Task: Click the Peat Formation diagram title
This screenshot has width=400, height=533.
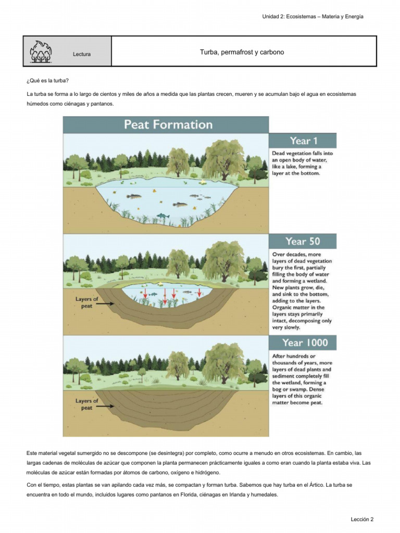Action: pos(168,125)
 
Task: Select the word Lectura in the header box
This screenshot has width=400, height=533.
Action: pos(82,54)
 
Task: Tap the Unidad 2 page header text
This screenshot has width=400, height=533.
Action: pos(313,17)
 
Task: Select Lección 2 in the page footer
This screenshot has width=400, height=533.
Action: pos(362,519)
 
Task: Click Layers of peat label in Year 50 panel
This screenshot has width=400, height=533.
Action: pos(87,302)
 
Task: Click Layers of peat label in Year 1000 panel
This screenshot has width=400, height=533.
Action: pos(87,404)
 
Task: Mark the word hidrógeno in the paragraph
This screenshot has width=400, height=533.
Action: pos(206,473)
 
